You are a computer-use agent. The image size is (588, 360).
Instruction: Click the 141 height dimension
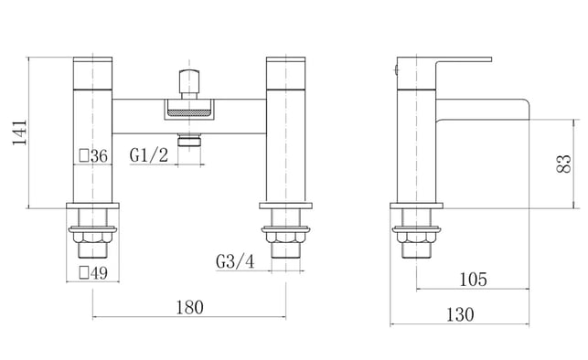(x=19, y=132)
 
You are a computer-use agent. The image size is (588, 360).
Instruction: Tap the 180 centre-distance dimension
(x=189, y=308)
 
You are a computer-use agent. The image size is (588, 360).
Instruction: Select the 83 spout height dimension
(x=563, y=164)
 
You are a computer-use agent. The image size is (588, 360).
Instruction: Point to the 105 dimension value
(x=474, y=280)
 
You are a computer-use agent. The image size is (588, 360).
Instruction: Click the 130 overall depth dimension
(x=460, y=314)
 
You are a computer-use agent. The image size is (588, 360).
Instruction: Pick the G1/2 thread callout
(x=149, y=154)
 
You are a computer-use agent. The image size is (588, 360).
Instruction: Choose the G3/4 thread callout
(x=235, y=261)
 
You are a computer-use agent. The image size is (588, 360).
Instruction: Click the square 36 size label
(x=94, y=156)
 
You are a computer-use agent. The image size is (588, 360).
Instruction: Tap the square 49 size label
(x=94, y=273)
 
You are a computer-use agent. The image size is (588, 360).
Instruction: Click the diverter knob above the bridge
(x=188, y=84)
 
